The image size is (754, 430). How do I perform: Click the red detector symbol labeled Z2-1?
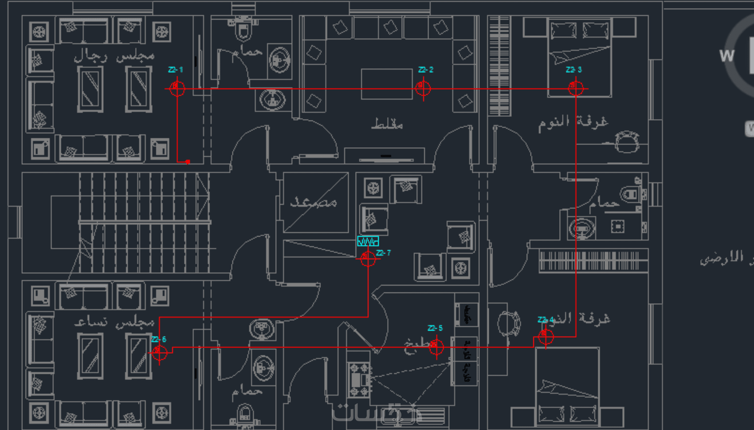[177, 88]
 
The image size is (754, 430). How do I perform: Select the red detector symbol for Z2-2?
[423, 88]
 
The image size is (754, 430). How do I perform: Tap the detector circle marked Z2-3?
[576, 88]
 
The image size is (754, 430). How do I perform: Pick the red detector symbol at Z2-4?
[546, 337]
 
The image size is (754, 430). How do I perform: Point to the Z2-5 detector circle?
[436, 346]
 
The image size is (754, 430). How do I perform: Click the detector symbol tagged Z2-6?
[159, 353]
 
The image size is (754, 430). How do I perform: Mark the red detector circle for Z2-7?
[368, 258]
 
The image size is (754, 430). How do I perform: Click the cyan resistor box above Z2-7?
[368, 241]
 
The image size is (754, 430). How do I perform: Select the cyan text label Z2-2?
[426, 70]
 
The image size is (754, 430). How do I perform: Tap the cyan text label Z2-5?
[435, 328]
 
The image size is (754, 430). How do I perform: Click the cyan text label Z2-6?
[159, 340]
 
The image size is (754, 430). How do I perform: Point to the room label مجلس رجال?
[114, 56]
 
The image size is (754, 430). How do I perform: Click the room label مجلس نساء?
[114, 322]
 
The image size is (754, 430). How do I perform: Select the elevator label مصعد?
[314, 203]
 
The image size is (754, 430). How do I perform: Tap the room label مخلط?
[387, 124]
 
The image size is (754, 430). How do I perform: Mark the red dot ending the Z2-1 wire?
[188, 162]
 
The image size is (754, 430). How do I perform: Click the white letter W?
[727, 56]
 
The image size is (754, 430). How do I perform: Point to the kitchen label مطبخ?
[417, 346]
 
